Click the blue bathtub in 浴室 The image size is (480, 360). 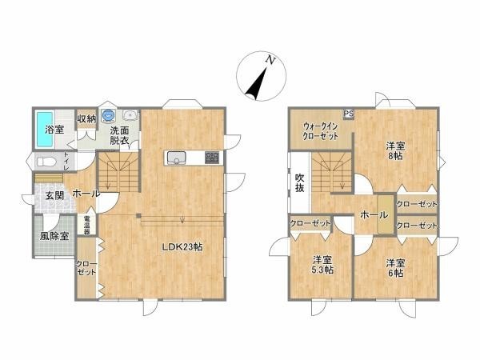45,129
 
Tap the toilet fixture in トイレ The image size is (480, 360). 46,162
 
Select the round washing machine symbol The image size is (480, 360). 108,115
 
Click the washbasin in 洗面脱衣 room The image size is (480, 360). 130,115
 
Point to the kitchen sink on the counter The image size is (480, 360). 176,158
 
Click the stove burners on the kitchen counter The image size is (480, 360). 212,158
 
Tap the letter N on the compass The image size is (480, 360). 270,60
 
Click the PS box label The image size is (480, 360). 348,114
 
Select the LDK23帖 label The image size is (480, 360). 182,247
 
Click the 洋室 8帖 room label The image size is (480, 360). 395,150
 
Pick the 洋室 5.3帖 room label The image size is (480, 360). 322,265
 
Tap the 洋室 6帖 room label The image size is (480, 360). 395,268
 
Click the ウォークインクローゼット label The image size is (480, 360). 321,131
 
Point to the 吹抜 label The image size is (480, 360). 299,182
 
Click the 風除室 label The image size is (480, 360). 54,236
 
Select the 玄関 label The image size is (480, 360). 54,195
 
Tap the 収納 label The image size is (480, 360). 86,118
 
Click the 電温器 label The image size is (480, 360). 87,226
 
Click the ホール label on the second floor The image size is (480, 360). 374,215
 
